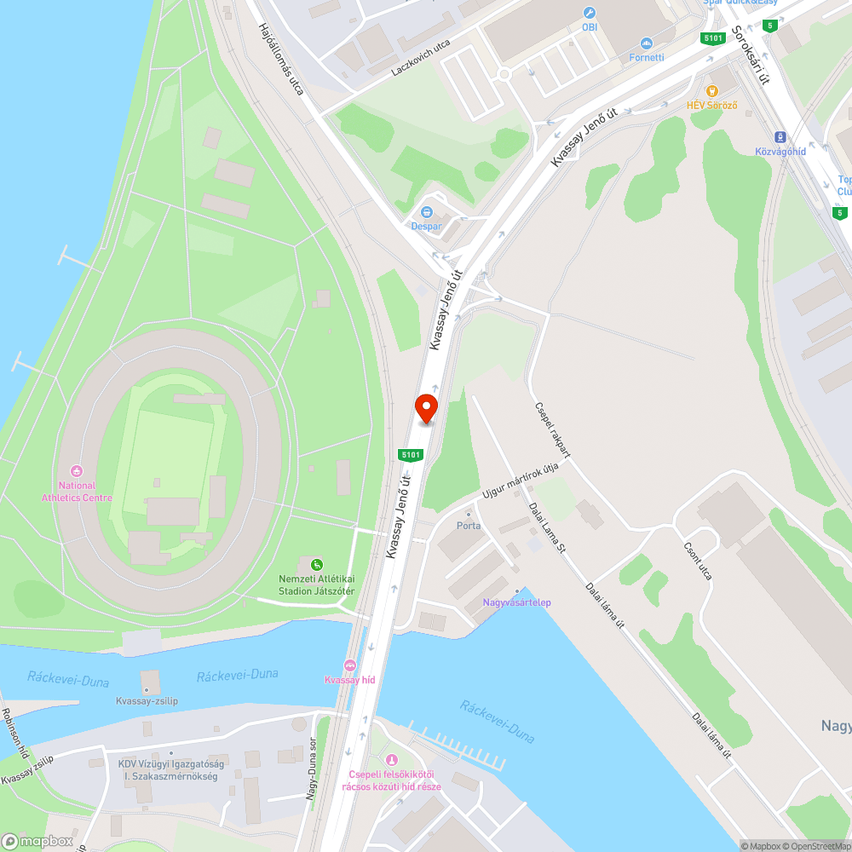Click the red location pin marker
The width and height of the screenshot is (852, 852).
(425, 408)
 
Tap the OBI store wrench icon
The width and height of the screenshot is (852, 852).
(589, 13)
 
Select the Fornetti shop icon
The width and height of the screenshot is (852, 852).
(646, 43)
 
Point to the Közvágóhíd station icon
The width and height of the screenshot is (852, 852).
(780, 137)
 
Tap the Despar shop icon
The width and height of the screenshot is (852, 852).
(427, 211)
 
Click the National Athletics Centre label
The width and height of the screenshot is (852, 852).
(77, 491)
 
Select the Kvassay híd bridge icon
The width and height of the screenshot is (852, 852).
(349, 665)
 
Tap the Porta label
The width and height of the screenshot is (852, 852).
(469, 526)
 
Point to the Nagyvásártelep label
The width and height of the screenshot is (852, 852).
(517, 602)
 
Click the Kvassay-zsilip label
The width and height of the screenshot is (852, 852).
(147, 701)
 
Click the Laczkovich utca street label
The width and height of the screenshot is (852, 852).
(421, 55)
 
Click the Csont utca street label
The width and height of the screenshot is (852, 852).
(698, 564)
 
